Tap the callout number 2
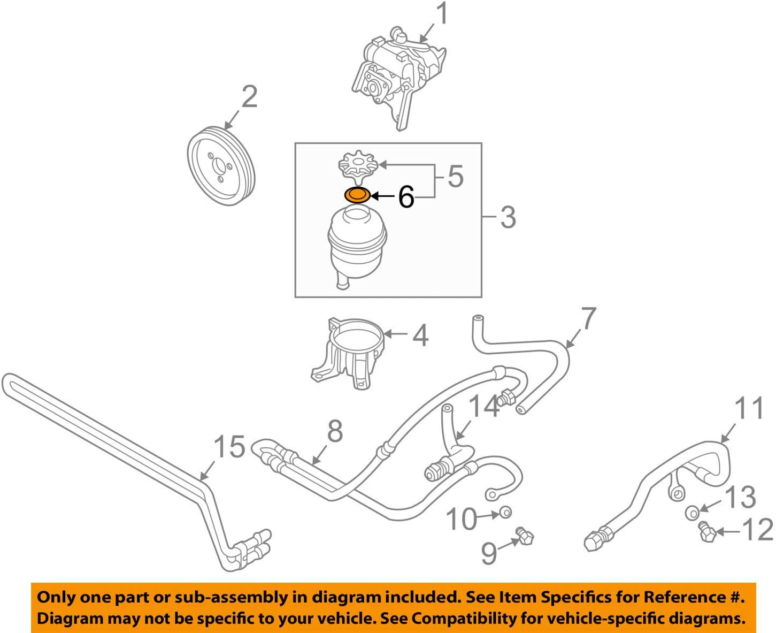249,97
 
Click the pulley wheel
221,165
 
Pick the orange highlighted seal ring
357,195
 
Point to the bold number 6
406,197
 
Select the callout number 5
455,176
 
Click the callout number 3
508,217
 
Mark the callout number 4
420,335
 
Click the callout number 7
588,318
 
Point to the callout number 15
229,447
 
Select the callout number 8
335,431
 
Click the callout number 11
749,409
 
